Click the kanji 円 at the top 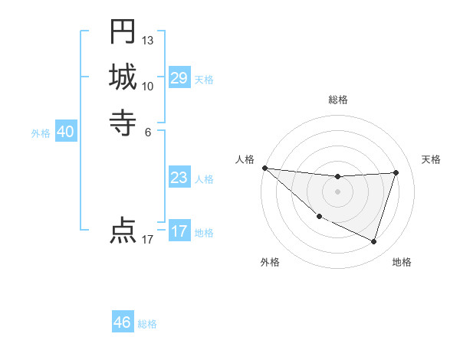123,32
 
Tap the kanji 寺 123,122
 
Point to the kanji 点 123,231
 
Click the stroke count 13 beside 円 148,40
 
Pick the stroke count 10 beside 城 148,85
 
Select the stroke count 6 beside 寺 148,131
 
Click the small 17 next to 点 148,240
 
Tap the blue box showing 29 179,78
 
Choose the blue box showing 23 179,178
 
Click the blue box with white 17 179,231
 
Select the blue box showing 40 65,132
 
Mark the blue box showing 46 123,322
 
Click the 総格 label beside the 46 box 147,324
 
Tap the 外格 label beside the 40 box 41,133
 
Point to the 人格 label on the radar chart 245,159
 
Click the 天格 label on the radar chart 431,159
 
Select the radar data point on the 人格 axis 264,168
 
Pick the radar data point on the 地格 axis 373,242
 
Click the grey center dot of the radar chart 337,191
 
